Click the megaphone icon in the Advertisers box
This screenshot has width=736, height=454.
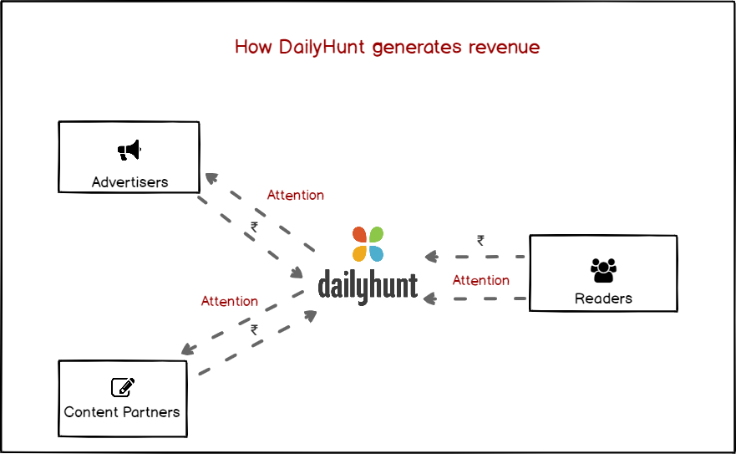(x=129, y=150)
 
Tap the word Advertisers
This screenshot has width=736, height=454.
(x=129, y=181)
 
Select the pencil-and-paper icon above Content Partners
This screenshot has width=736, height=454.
(x=123, y=387)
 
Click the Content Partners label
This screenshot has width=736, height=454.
(x=122, y=412)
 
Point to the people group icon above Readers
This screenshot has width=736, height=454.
(x=603, y=270)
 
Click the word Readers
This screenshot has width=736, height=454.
(x=603, y=298)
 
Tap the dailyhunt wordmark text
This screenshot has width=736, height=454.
(x=368, y=285)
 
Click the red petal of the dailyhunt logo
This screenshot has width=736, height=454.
(x=359, y=234)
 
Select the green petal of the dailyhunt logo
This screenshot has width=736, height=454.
(x=377, y=234)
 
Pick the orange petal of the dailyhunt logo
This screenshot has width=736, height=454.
(x=359, y=253)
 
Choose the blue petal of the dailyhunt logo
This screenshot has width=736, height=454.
(x=377, y=253)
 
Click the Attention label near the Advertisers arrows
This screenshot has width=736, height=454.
(x=295, y=196)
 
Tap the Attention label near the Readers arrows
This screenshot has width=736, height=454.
(x=480, y=281)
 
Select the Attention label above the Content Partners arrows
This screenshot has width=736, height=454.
(x=229, y=301)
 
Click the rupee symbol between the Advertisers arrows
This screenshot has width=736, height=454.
(x=254, y=227)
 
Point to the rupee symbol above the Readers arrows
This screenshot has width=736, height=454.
(x=480, y=240)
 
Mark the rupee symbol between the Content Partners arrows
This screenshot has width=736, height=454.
(x=254, y=330)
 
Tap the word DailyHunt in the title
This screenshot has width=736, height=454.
(x=322, y=48)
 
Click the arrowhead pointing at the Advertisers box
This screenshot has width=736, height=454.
(x=210, y=177)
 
